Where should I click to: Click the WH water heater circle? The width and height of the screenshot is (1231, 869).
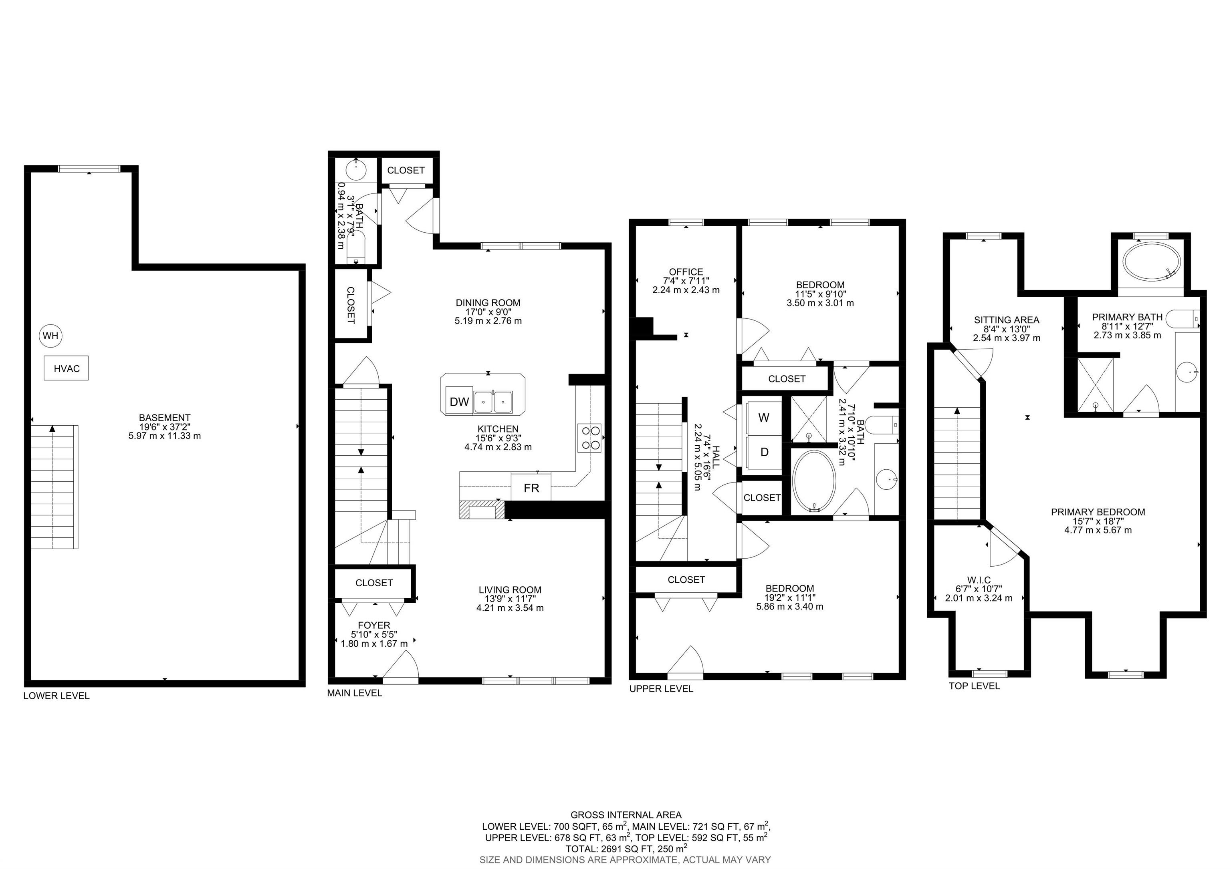pos(50,336)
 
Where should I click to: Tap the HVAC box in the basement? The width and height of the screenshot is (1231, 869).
pos(67,368)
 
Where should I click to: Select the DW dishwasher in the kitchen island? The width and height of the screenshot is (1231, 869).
pos(459,401)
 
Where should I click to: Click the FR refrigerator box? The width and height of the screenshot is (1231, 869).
pos(531,487)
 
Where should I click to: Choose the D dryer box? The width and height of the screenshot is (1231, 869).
pos(763,452)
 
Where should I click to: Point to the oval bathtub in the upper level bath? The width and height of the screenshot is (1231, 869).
pos(814,481)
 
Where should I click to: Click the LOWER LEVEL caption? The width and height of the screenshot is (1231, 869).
pos(56,696)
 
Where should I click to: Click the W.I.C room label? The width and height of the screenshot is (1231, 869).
pos(979,580)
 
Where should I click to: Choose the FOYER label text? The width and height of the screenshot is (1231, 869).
pos(374,625)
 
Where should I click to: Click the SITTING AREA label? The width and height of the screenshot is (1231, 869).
pos(1006,320)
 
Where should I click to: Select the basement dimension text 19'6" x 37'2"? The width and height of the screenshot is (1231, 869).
pos(165,427)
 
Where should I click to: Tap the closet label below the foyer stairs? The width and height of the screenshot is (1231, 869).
pos(374,583)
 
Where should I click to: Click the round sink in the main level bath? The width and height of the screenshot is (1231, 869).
pos(355,170)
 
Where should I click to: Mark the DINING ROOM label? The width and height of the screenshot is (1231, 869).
pos(488,303)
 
